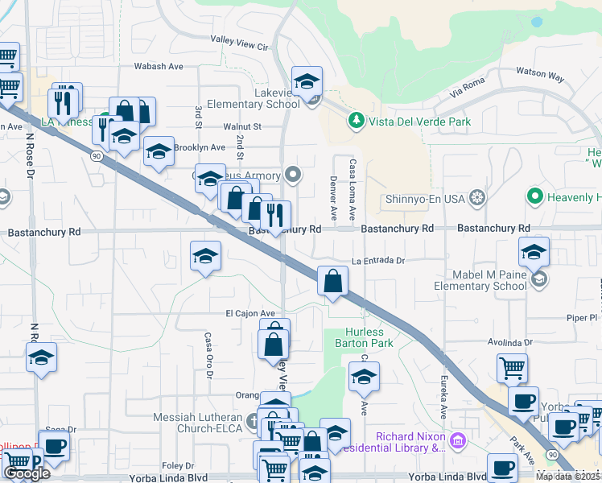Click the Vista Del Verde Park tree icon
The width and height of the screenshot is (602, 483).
pyautogui.click(x=356, y=122)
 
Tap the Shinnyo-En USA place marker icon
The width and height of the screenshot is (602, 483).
pyautogui.click(x=477, y=197)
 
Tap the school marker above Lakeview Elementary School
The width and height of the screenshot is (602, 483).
pyautogui.click(x=307, y=81)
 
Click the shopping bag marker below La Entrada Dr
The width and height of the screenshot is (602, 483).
pyautogui.click(x=332, y=282)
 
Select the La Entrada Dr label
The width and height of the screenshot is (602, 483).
pyautogui.click(x=377, y=261)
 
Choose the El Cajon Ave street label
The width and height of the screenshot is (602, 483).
pyautogui.click(x=250, y=313)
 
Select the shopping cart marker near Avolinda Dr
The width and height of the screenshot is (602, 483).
pyautogui.click(x=512, y=369)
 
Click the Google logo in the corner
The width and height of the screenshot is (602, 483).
pyautogui.click(x=27, y=473)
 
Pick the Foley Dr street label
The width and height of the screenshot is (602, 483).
pyautogui.click(x=177, y=465)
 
